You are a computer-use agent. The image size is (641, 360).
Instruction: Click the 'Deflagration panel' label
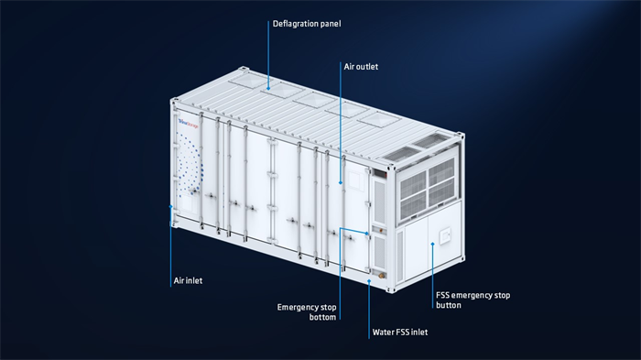[306, 24]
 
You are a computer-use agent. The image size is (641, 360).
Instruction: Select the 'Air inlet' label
[188, 280]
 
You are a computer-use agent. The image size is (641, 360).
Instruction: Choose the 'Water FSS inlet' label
[400, 333]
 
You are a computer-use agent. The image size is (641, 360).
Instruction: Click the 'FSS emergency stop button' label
[471, 300]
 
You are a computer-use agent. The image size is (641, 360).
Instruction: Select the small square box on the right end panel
[446, 238]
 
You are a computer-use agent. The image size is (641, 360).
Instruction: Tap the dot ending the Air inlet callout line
[171, 209]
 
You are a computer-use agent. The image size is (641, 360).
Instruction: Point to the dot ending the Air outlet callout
[342, 184]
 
